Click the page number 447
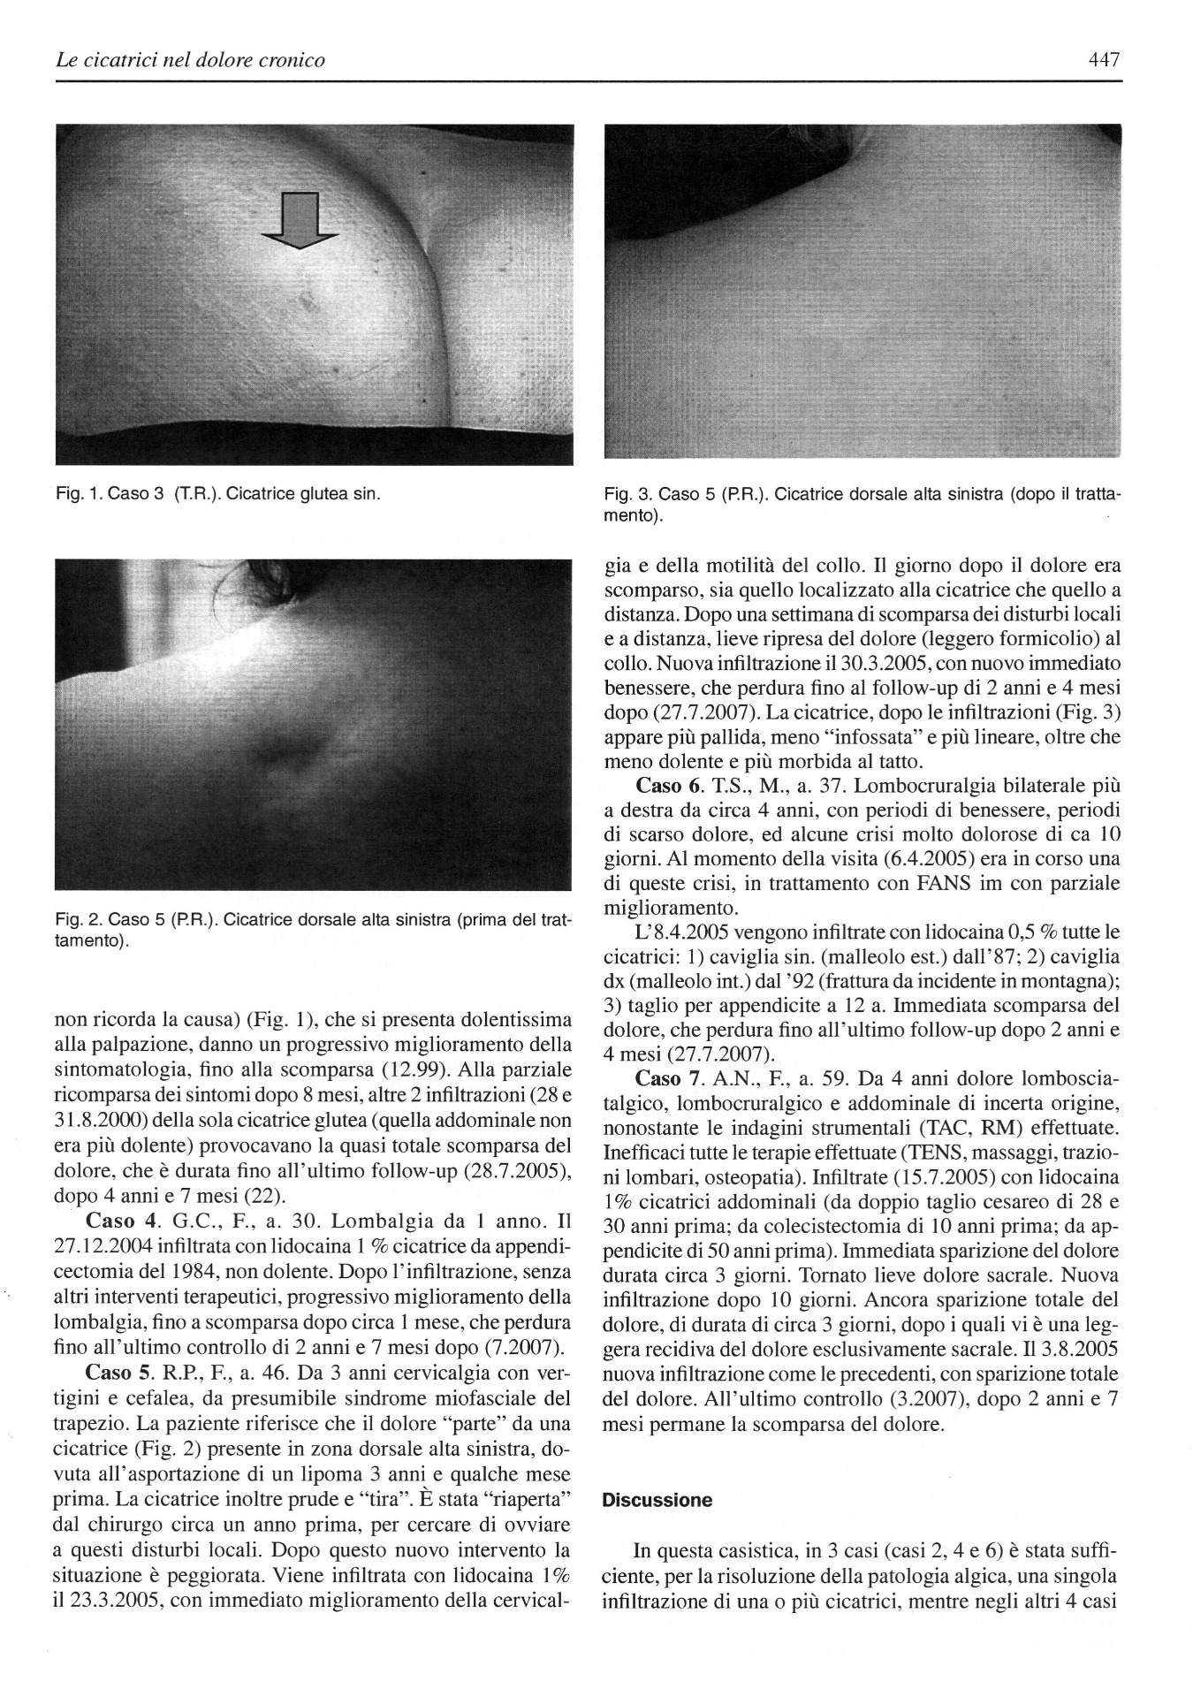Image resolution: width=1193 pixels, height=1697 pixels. pyautogui.click(x=1104, y=60)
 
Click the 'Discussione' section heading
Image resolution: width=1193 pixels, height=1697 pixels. pyautogui.click(x=657, y=1500)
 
